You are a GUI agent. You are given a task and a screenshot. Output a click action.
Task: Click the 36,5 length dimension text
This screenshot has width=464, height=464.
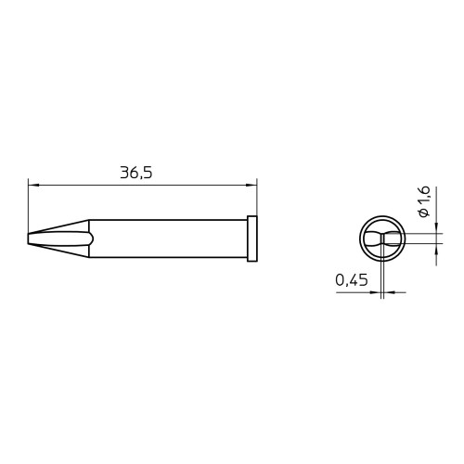pos(136,173)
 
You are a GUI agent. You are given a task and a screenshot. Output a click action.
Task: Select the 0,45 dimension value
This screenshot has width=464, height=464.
pos(352,280)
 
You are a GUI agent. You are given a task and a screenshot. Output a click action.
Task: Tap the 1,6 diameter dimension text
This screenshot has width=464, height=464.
pos(425,196)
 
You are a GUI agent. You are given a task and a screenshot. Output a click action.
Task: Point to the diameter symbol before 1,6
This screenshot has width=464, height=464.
pos(425,213)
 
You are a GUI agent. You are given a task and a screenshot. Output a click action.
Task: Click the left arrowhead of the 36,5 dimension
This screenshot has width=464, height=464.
pos(32,186)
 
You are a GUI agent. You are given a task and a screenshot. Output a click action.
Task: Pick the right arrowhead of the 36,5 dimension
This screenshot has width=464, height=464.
pos(251,186)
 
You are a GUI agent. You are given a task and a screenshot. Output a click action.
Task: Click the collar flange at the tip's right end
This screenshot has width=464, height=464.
pos(252,238)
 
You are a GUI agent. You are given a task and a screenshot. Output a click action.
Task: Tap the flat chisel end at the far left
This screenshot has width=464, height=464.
pos(28,238)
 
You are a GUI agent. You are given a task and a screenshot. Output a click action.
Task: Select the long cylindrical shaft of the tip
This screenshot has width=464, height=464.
pos(168,238)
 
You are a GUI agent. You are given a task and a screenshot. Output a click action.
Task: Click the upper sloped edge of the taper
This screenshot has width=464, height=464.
pos(58,226)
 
